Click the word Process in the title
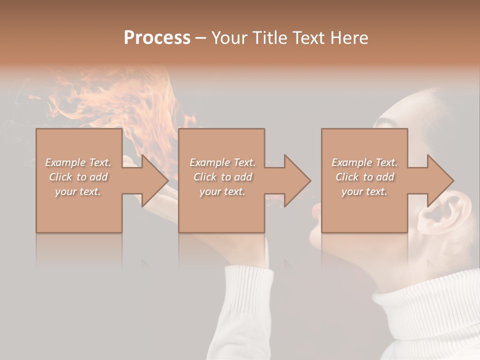(157, 38)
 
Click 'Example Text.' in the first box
(78, 162)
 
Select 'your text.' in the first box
(78, 191)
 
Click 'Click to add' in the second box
(222, 177)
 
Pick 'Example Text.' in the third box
(364, 162)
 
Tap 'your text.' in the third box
(364, 191)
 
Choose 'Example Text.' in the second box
(222, 162)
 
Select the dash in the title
(200, 38)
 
